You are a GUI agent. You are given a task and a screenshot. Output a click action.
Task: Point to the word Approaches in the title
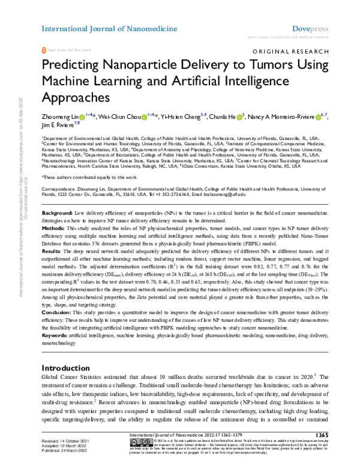coord(76,97)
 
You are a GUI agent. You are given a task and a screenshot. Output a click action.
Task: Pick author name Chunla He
coord(229,116)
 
